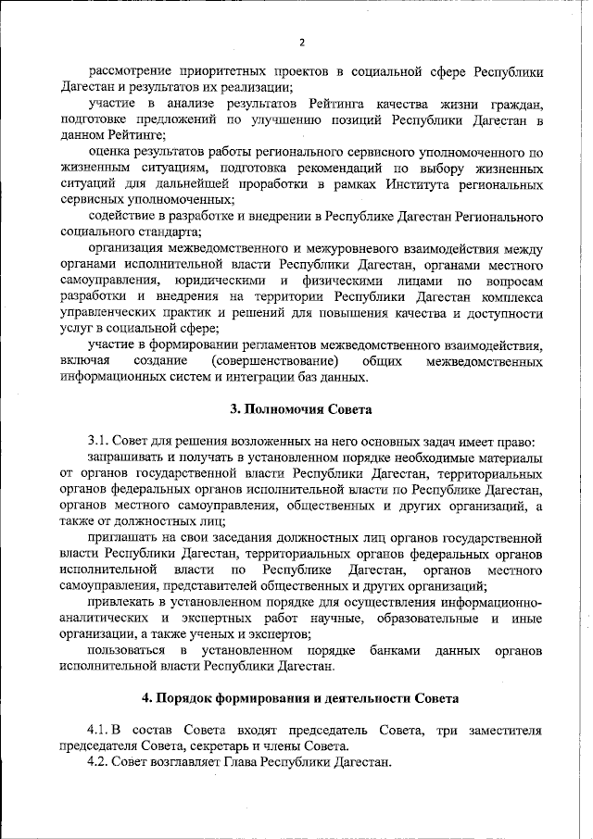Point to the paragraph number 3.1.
click(100, 441)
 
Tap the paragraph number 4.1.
click(100, 731)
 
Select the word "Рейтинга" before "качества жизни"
click(310, 104)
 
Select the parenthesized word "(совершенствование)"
click(274, 360)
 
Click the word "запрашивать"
click(127, 457)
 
